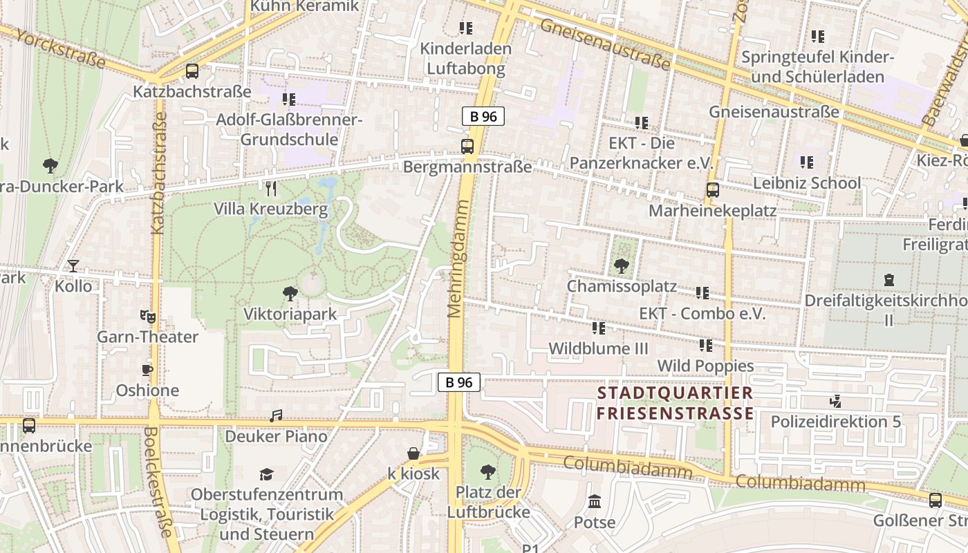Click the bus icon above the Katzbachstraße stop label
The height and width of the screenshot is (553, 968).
pyautogui.click(x=192, y=71)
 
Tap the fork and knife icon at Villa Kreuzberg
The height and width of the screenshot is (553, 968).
pyautogui.click(x=271, y=188)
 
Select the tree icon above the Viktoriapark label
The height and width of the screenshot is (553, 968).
pyautogui.click(x=290, y=294)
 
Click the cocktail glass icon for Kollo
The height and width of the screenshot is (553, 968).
pyautogui.click(x=73, y=266)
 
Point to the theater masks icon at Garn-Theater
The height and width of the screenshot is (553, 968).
pyautogui.click(x=147, y=317)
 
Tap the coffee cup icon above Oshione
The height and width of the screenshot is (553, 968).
pyautogui.click(x=147, y=370)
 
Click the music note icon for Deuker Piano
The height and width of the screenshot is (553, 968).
pyautogui.click(x=276, y=416)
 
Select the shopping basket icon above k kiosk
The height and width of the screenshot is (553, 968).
pyautogui.click(x=413, y=453)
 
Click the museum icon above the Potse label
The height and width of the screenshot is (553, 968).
pyautogui.click(x=595, y=501)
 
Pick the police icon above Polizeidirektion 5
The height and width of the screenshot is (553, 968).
pyautogui.click(x=836, y=401)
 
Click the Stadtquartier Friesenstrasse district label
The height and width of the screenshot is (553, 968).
pyautogui.click(x=675, y=404)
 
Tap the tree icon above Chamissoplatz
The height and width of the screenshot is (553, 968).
pyautogui.click(x=622, y=265)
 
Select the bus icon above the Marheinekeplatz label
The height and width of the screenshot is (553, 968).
pyautogui.click(x=712, y=190)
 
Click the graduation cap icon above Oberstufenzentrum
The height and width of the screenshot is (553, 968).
pyautogui.click(x=266, y=474)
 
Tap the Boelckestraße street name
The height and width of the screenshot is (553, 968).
pyautogui.click(x=158, y=482)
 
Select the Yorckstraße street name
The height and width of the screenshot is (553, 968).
pyautogui.click(x=60, y=49)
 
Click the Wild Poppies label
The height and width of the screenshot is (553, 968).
pyautogui.click(x=705, y=366)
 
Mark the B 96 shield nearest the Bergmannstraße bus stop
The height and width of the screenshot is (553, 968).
pyautogui.click(x=483, y=116)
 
